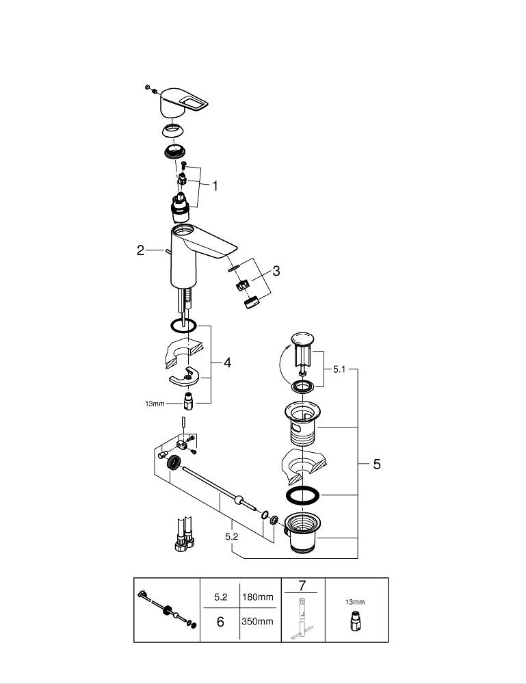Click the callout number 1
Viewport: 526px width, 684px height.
[215, 185]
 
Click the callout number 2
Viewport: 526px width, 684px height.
[140, 250]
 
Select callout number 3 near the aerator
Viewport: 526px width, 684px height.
[276, 271]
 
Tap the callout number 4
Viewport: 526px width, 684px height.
[226, 363]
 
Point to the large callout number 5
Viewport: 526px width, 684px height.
[376, 464]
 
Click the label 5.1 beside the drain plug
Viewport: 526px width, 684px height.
[340, 369]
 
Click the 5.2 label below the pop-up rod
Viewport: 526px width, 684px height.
[231, 537]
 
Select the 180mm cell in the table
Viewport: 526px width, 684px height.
[257, 597]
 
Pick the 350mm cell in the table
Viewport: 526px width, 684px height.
[257, 622]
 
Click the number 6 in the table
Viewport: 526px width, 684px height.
[220, 622]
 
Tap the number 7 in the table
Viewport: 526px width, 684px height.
[302, 586]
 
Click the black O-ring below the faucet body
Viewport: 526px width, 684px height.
[183, 325]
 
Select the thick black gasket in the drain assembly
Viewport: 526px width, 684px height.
[301, 495]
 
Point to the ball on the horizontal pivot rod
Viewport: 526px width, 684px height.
[239, 500]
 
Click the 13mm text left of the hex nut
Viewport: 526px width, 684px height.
[155, 404]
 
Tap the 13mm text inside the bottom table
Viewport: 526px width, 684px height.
[355, 602]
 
